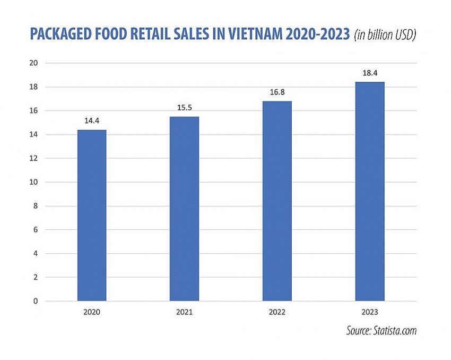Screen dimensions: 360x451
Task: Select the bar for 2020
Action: (92, 215)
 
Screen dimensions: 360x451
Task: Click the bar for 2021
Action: (184, 209)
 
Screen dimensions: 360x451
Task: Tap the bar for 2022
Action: (277, 201)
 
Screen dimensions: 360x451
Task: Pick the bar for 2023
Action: (369, 191)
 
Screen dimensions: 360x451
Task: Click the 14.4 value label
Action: (92, 121)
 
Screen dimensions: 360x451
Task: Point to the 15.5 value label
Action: (184, 108)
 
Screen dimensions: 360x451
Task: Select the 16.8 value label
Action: (277, 92)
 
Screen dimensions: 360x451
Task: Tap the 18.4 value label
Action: (369, 73)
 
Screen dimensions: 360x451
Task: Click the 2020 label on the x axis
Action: (92, 312)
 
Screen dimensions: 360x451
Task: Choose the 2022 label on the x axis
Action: (277, 312)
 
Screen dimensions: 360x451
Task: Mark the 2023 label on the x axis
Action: (369, 312)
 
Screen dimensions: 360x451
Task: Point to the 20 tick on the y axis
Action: (34, 63)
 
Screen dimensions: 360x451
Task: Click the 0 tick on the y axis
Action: (37, 301)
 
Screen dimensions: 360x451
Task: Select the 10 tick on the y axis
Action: (34, 182)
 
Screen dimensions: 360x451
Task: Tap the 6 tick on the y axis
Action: (37, 230)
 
